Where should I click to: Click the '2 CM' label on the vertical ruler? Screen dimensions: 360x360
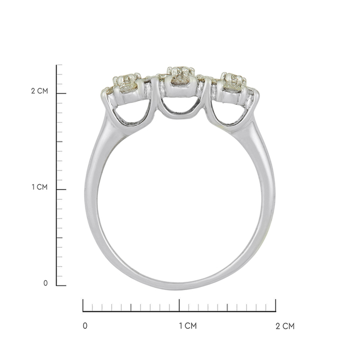click(40, 91)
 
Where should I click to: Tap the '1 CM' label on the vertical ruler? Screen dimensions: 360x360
click(40, 187)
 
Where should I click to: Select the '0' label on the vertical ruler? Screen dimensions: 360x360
click(46, 283)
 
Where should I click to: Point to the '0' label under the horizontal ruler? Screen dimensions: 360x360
click(85, 326)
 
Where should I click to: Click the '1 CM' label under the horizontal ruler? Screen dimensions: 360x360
click(188, 326)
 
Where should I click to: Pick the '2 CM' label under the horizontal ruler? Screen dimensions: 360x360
click(285, 326)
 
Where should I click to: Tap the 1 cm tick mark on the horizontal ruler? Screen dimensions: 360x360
click(179, 305)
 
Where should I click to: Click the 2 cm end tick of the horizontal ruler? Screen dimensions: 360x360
click(275, 305)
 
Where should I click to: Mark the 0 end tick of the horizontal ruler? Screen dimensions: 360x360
click(83, 305)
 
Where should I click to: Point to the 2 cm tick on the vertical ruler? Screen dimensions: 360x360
click(61, 94)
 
